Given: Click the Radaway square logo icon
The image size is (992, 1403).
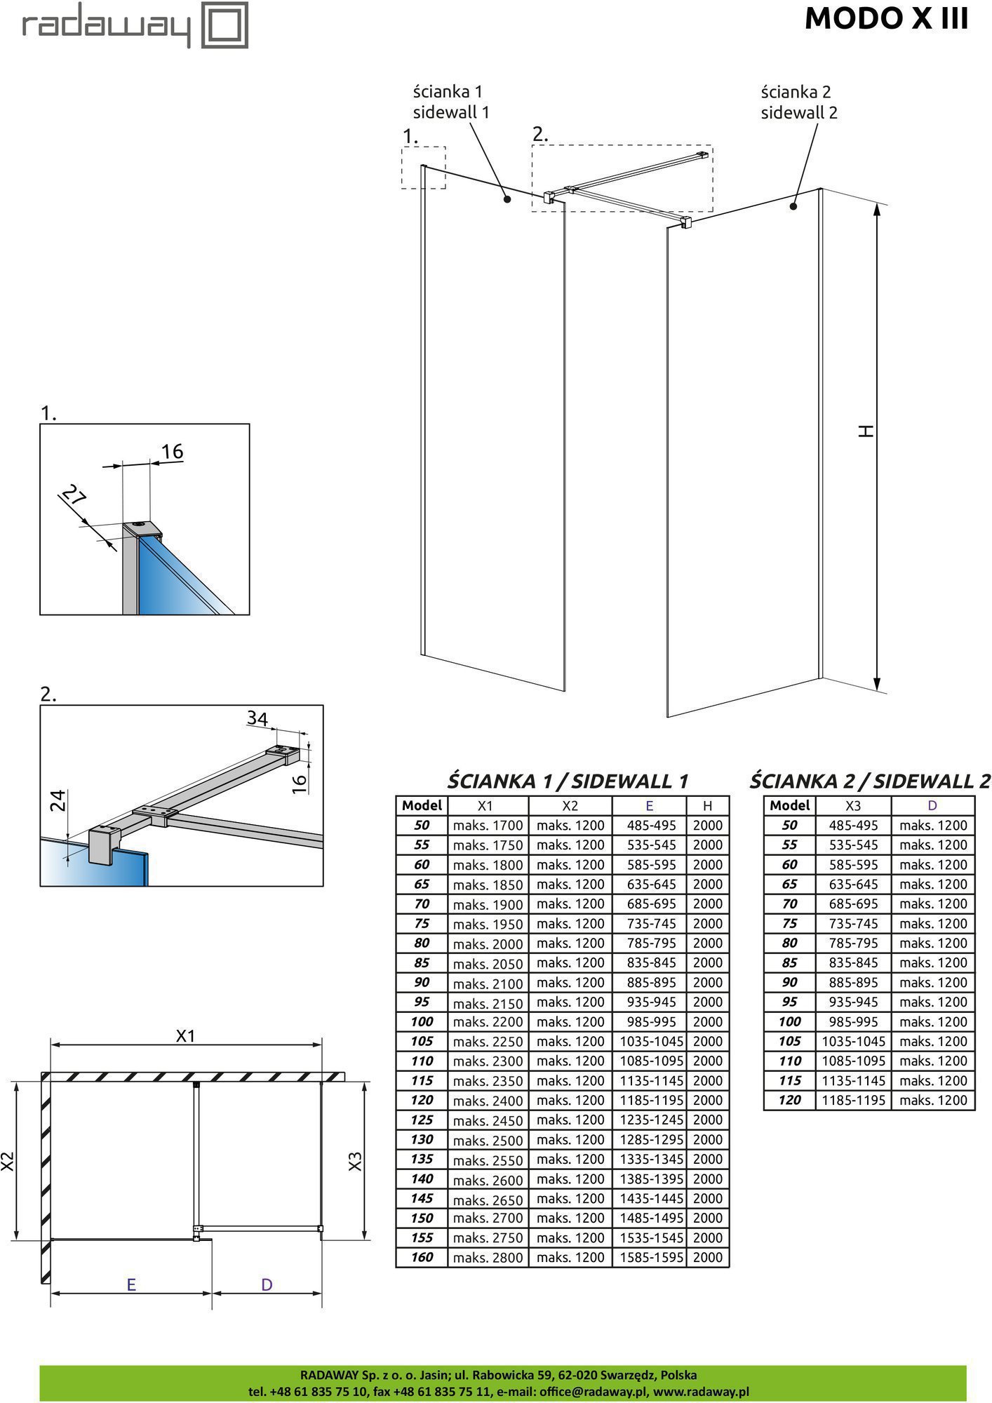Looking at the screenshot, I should [224, 25].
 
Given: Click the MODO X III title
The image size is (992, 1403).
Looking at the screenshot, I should [886, 19].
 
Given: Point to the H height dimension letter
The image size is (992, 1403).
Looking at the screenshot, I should [867, 431].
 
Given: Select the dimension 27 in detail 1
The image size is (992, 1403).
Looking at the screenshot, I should [73, 497].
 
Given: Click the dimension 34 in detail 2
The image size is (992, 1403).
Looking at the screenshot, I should [257, 718].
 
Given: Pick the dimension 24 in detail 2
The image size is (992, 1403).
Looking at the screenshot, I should [59, 800].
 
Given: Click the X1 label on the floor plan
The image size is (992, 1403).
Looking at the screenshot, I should [185, 1036].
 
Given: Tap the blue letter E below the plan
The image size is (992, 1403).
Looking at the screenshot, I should [131, 1284].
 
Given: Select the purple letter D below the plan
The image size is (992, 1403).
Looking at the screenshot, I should [267, 1284].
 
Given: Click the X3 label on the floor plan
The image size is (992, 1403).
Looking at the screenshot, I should [355, 1162].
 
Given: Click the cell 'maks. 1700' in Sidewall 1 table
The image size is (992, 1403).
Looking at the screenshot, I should [488, 826].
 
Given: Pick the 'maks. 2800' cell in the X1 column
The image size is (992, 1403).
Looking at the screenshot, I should [488, 1258].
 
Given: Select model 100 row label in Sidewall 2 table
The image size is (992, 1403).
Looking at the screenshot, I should [789, 1022].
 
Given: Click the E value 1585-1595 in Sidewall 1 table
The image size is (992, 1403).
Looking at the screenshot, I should [651, 1258].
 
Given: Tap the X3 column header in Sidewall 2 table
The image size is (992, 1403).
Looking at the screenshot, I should [852, 806].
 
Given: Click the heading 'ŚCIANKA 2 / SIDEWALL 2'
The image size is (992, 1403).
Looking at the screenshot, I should [869, 781].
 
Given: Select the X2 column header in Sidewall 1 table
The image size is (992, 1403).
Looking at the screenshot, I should [570, 806].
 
